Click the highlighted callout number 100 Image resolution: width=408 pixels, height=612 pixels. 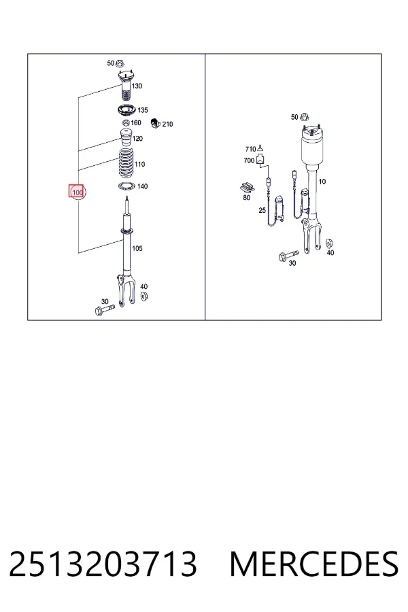(78, 192)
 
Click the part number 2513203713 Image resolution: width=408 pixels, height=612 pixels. (103, 564)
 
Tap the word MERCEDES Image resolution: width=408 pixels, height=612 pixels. (314, 564)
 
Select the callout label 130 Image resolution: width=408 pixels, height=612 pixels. (137, 86)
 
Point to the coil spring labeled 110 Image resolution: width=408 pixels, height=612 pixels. (126, 163)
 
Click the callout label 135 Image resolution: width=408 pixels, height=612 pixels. (143, 110)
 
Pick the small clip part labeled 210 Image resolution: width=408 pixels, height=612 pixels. (156, 123)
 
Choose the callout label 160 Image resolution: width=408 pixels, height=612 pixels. (136, 122)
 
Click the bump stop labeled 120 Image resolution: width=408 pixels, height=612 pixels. (126, 138)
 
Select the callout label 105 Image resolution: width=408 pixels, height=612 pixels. (137, 248)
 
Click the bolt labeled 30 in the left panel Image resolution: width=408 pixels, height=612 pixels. (104, 310)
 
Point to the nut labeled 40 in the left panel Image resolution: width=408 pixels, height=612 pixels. (143, 296)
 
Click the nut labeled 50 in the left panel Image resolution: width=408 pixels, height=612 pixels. (120, 63)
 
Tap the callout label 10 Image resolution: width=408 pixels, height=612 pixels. (322, 182)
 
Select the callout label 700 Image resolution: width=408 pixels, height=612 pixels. (249, 160)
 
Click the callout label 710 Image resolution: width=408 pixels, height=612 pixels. (250, 149)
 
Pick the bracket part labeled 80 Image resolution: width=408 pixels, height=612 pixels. (247, 188)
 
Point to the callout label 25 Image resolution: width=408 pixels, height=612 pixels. (262, 210)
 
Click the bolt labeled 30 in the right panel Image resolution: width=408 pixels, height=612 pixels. (288, 255)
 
